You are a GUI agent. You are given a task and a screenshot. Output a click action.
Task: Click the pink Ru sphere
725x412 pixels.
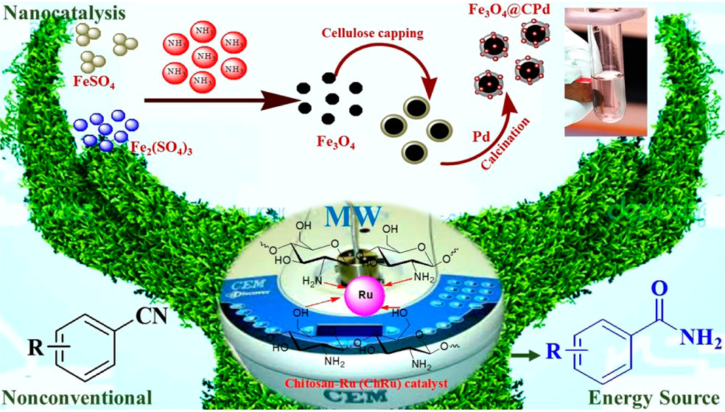362,294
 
